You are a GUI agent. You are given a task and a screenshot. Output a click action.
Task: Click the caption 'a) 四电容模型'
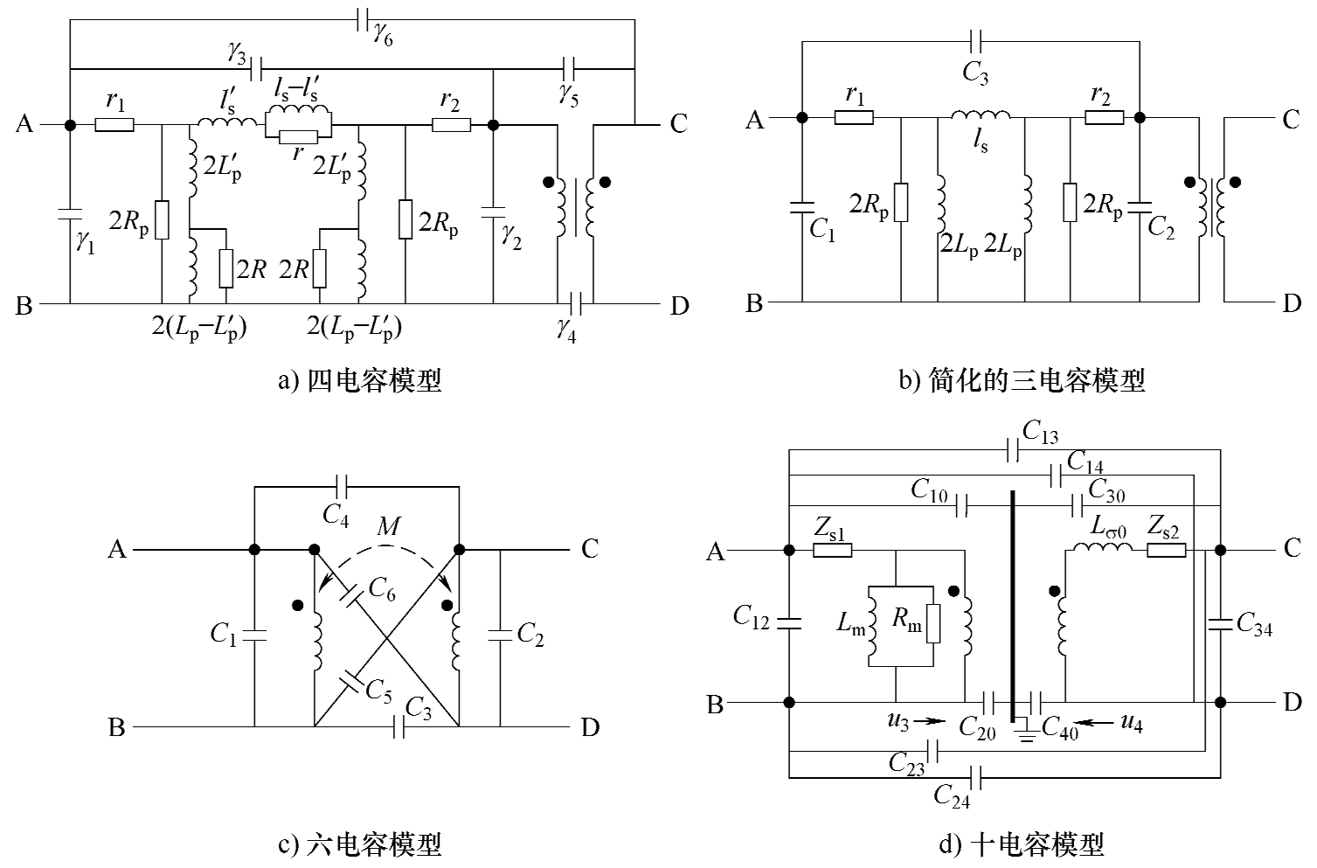(x=358, y=381)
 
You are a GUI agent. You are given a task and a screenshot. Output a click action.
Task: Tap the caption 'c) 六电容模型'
(x=358, y=844)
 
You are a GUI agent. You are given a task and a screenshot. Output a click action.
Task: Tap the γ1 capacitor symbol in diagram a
(x=70, y=213)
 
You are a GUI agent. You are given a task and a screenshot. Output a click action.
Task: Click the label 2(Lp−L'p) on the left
(x=198, y=330)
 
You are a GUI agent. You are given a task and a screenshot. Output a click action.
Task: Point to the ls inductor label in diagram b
(x=981, y=140)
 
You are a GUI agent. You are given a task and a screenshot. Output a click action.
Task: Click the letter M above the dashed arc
(x=388, y=526)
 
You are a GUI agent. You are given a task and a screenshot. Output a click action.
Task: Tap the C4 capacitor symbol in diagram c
(x=342, y=483)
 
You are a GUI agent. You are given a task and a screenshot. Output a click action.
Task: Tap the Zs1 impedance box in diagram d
(x=832, y=551)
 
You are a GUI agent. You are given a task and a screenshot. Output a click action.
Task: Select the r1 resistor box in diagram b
(x=854, y=117)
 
